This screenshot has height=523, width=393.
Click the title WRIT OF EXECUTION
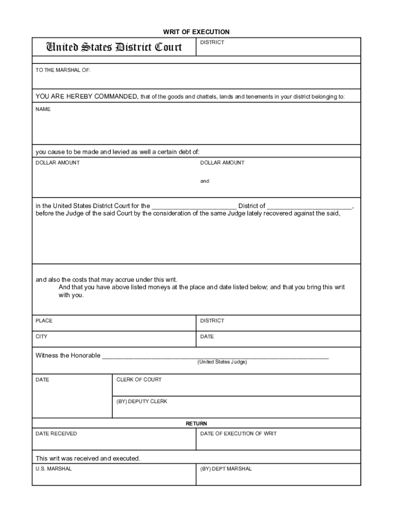click(x=196, y=32)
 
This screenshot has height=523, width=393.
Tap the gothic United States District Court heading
click(x=114, y=47)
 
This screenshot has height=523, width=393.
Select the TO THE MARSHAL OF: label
click(x=63, y=70)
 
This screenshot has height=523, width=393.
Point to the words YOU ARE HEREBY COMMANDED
click(x=86, y=97)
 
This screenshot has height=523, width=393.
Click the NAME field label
click(x=43, y=109)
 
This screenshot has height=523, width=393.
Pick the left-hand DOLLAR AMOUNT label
click(x=57, y=162)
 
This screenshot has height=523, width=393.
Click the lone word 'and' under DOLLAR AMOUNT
click(x=204, y=181)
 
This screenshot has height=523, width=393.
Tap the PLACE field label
click(x=44, y=321)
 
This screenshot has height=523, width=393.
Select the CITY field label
click(x=41, y=337)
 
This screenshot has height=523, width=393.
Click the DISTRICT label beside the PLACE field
click(x=212, y=321)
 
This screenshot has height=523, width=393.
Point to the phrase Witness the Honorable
click(x=68, y=355)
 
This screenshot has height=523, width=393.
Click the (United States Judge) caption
click(x=222, y=362)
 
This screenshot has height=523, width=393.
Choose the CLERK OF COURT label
click(x=139, y=379)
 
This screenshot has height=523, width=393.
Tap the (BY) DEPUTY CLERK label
click(x=141, y=401)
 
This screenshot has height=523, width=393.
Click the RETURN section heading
click(x=196, y=423)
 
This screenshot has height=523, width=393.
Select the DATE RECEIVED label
click(x=56, y=434)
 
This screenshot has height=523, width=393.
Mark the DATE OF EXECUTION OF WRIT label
click(x=238, y=434)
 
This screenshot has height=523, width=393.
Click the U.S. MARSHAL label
click(x=54, y=469)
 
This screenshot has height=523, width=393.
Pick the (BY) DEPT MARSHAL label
click(x=226, y=469)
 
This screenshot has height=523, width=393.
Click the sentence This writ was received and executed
click(x=88, y=458)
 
